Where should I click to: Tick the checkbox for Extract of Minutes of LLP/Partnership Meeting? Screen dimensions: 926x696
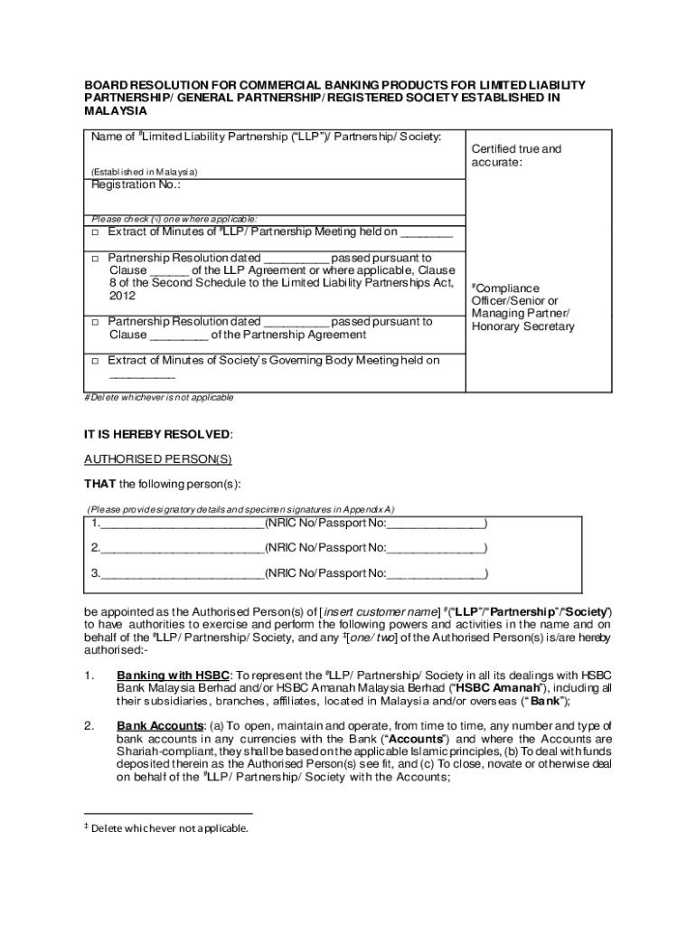tap(95, 232)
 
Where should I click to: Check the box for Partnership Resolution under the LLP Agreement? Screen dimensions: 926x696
tap(95, 258)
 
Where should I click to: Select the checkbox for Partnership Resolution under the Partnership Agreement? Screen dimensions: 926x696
tap(95, 322)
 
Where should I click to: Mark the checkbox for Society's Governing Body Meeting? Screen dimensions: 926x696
tap(95, 361)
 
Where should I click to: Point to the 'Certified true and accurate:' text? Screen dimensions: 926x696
tap(516, 156)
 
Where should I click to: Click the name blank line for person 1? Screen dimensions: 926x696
tap(182, 524)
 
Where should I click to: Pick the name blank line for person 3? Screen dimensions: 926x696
tap(182, 574)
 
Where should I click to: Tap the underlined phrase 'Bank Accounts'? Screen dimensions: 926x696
tap(156, 726)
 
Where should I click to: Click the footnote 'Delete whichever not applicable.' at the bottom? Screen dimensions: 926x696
tap(169, 827)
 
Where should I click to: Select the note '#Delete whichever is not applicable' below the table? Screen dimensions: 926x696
tap(158, 398)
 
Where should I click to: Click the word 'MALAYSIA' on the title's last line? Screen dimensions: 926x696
tap(115, 110)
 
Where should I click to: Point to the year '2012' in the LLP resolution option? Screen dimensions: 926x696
tap(122, 296)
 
